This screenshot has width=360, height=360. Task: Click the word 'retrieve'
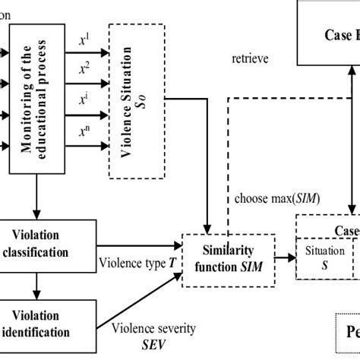point(249,58)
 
